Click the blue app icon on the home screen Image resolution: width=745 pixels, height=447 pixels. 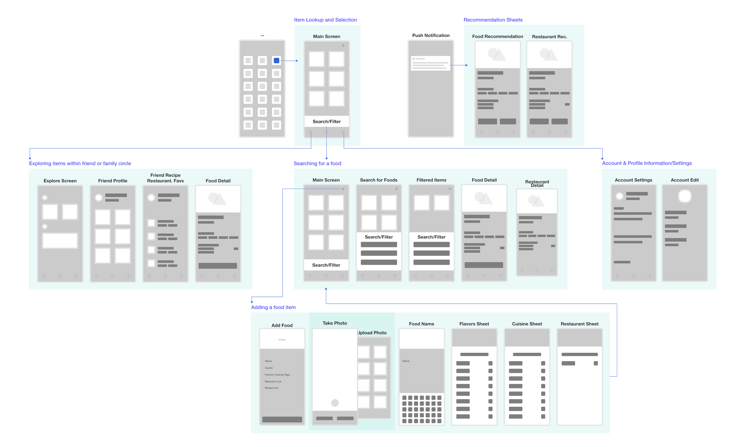[x=277, y=60]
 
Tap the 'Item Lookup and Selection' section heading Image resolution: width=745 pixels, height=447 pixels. [x=325, y=20]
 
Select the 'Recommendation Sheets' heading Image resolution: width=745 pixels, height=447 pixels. [x=493, y=20]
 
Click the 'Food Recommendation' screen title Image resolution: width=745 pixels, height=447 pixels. [x=497, y=36]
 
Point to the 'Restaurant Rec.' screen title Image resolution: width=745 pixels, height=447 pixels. [x=549, y=37]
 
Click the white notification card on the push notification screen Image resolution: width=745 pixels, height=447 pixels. [x=430, y=63]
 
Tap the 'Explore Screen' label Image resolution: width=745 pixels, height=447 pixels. [x=60, y=181]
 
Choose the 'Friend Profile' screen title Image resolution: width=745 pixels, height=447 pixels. [x=113, y=181]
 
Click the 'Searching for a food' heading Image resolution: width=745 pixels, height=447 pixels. [x=317, y=164]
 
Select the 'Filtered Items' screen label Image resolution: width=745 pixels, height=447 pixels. [x=431, y=180]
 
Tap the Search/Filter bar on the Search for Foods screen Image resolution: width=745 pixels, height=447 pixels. [x=378, y=237]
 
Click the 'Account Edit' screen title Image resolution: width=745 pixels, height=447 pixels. [x=685, y=180]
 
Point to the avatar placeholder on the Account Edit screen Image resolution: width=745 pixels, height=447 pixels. [x=685, y=196]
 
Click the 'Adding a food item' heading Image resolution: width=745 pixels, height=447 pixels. [x=274, y=307]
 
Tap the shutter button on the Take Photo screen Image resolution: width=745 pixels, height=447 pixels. [x=335, y=403]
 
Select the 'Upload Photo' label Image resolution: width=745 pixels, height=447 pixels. [x=372, y=333]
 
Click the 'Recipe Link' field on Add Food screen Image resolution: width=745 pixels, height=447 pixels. [x=271, y=388]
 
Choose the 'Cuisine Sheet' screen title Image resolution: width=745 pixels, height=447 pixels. [x=527, y=324]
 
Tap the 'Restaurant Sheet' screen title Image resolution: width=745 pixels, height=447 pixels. [x=579, y=324]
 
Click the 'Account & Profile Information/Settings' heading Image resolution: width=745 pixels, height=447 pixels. [x=647, y=163]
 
